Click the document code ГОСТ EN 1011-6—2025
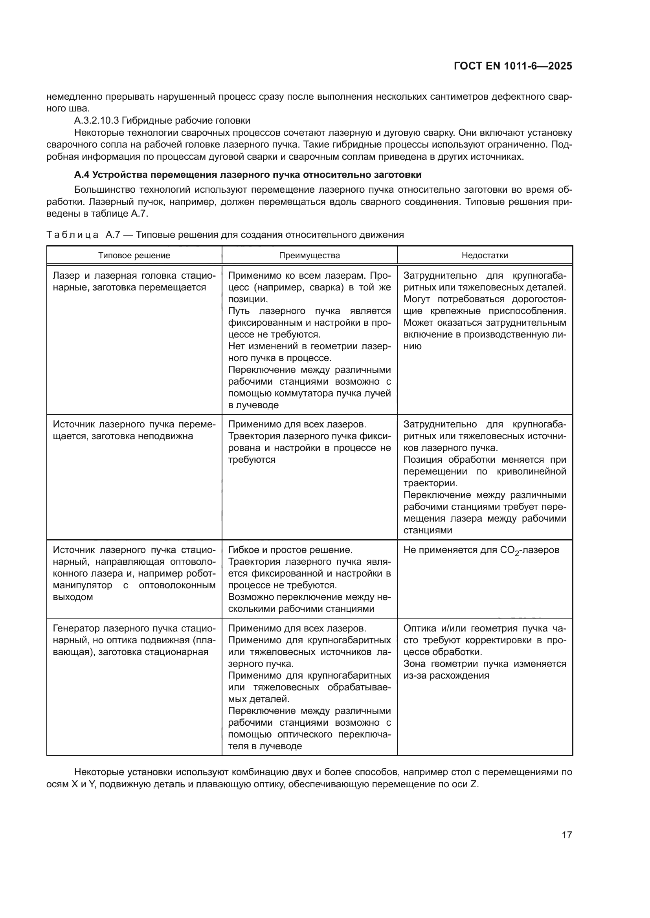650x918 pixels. (x=513, y=66)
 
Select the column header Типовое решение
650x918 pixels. (x=134, y=256)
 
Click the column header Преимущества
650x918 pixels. (x=309, y=256)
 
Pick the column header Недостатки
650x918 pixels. (x=485, y=256)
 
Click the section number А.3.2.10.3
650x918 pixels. (x=96, y=121)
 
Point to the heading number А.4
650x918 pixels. (x=82, y=175)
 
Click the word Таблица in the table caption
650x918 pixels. (x=72, y=235)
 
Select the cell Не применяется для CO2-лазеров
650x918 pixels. (x=481, y=551)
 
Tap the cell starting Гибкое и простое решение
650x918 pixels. (x=309, y=579)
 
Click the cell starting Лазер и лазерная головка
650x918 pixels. (x=134, y=281)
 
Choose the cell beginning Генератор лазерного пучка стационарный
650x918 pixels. (x=134, y=640)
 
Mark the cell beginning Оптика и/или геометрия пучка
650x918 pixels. (x=485, y=652)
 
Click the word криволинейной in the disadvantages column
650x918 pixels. (x=531, y=471)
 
